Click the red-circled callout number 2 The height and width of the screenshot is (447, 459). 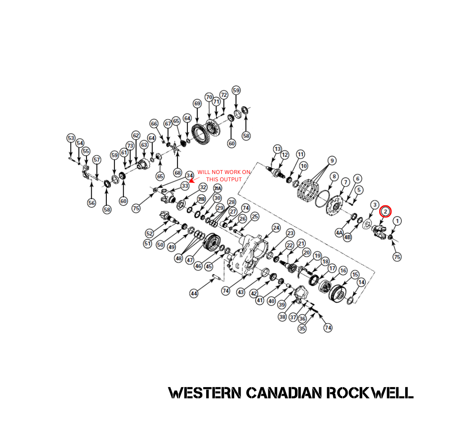pos(385,211)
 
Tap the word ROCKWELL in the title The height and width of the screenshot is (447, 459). pos(370,393)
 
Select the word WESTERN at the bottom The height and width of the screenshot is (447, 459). pos(204,393)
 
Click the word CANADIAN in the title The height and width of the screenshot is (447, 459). pos(284,393)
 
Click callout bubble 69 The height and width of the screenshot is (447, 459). pos(197,103)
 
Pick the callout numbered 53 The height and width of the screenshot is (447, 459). pos(71,138)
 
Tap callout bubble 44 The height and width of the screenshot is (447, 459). pos(194,293)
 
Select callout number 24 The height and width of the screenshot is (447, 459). pos(276,227)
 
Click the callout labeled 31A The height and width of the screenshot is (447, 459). pos(217,188)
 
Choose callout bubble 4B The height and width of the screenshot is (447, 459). pos(348,236)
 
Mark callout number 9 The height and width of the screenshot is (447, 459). pos(331,161)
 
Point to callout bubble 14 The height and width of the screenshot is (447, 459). pos(361,282)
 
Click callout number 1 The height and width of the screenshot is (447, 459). pos(397,221)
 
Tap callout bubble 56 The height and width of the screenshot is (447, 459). pos(91,203)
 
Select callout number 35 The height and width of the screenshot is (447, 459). pos(302,329)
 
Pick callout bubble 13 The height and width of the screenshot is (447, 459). pos(277,149)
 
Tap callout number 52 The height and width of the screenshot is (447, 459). pos(149,233)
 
